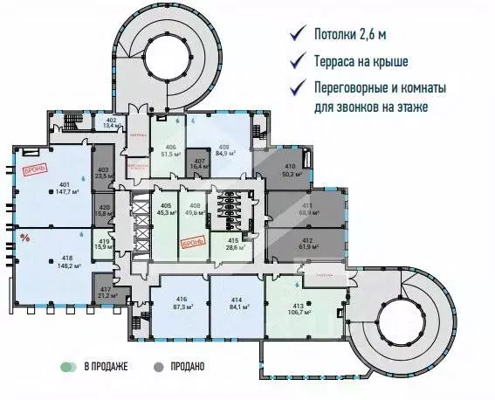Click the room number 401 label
click(64, 183)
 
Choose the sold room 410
click(289, 170)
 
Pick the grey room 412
click(306, 243)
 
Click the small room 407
click(199, 163)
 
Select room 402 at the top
click(111, 122)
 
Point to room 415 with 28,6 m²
click(233, 244)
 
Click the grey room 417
click(107, 293)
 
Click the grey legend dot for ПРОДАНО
click(159, 367)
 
